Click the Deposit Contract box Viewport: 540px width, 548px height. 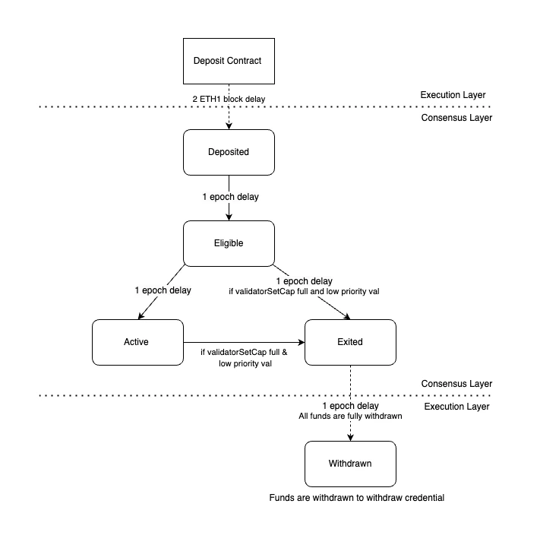(x=229, y=60)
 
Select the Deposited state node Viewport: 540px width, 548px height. (x=229, y=151)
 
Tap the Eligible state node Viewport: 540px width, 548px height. (x=229, y=243)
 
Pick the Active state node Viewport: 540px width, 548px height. (x=137, y=341)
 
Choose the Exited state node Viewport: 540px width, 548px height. (x=349, y=341)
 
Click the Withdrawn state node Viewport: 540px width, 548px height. (x=349, y=463)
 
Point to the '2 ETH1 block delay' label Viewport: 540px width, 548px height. (x=229, y=99)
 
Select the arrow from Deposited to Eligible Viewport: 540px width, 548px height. (x=229, y=209)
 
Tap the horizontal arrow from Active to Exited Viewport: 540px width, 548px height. (x=243, y=341)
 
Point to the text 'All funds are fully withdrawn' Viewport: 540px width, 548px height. (x=350, y=417)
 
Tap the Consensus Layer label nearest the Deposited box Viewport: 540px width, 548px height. (x=456, y=118)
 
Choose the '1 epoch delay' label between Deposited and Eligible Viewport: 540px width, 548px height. (x=230, y=197)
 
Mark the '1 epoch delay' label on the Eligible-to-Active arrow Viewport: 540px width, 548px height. (x=163, y=290)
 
